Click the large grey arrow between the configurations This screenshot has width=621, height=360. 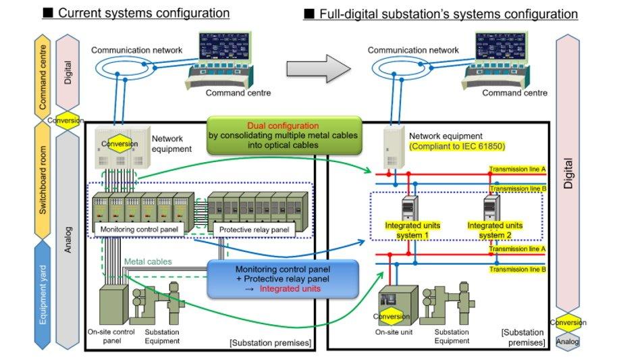319,68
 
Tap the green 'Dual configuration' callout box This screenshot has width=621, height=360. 283,135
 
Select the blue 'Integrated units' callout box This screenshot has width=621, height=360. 283,279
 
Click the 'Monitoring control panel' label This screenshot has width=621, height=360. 139,229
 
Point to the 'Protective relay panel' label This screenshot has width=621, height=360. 254,230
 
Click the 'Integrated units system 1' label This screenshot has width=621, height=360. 412,230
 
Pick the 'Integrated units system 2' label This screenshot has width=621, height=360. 495,230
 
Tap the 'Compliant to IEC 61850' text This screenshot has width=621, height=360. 457,147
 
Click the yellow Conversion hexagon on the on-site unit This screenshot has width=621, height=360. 391,316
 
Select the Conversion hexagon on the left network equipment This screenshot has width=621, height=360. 119,143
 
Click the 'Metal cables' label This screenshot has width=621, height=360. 148,261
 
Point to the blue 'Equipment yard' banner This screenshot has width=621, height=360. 43,294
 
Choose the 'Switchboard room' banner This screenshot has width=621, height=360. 43,180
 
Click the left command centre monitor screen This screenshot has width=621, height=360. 225,47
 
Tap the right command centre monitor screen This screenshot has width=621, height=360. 501,47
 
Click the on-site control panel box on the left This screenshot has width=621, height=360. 113,306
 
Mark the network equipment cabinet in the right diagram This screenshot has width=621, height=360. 394,147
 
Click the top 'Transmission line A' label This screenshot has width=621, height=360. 517,170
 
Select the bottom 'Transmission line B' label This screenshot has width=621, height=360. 517,269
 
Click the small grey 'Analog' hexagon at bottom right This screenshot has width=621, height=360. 568,341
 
